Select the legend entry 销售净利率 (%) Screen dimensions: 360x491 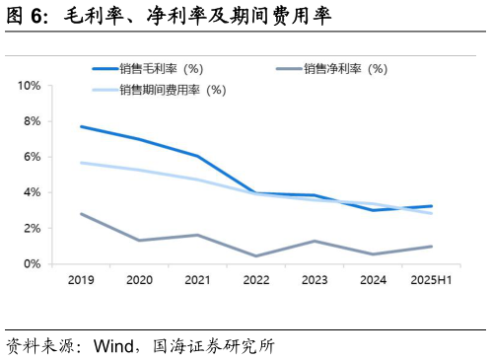(345, 69)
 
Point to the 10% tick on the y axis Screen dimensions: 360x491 (29, 86)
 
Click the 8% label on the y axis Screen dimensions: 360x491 (32, 121)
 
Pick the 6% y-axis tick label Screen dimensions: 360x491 (32, 157)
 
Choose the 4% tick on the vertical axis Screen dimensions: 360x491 (32, 192)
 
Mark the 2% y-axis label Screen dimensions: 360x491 (32, 228)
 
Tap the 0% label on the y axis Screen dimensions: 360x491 (32, 263)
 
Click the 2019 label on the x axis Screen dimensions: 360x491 (81, 280)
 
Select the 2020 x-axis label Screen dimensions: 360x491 (139, 280)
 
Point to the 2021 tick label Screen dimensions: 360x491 (198, 280)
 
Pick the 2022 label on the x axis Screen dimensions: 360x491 (256, 280)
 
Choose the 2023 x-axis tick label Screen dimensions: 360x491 (315, 280)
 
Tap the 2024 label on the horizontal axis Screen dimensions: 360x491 (373, 280)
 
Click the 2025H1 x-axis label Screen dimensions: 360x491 (431, 280)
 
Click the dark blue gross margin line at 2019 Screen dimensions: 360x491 (81, 126)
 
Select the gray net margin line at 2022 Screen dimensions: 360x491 (256, 256)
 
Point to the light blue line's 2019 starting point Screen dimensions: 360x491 (81, 163)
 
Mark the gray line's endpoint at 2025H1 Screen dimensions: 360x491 (431, 247)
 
